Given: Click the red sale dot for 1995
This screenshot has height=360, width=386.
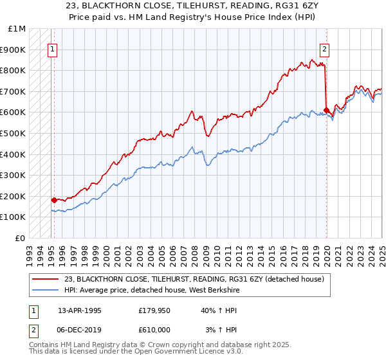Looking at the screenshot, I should pyautogui.click(x=54, y=200).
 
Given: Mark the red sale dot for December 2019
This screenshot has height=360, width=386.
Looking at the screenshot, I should pyautogui.click(x=327, y=110).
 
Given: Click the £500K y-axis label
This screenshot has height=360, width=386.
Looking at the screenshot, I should pyautogui.click(x=13, y=134).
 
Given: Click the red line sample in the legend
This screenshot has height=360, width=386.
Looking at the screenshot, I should pyautogui.click(x=46, y=278).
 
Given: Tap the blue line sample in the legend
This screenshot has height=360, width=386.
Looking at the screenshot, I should pyautogui.click(x=46, y=289).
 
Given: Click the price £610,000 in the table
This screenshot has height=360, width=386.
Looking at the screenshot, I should pyautogui.click(x=154, y=329).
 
